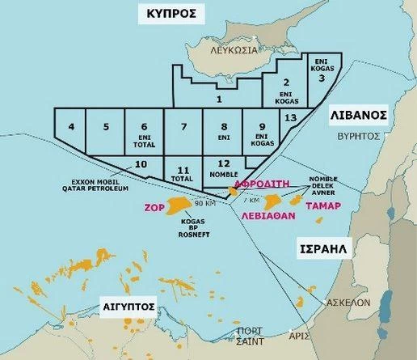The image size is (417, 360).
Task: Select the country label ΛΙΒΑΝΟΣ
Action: pyautogui.click(x=359, y=116)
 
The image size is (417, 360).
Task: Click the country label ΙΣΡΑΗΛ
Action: pyautogui.click(x=320, y=249)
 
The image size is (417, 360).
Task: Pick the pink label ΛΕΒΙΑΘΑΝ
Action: pyautogui.click(x=269, y=217)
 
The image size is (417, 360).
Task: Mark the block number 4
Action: pyautogui.click(x=71, y=126)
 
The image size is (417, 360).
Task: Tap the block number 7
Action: pyautogui.click(x=183, y=127)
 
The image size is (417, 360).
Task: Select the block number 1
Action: pyautogui.click(x=219, y=100)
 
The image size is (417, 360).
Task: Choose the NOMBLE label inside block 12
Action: pyautogui.click(x=222, y=174)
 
